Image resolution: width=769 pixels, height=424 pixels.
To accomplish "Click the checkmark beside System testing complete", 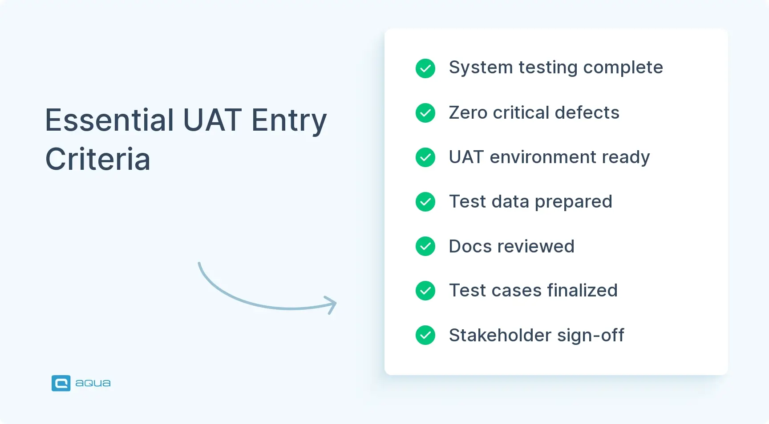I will click(x=425, y=68).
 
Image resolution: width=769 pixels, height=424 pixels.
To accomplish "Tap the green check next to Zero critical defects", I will click(x=425, y=113).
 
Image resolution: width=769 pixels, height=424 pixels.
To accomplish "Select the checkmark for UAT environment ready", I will click(x=425, y=157).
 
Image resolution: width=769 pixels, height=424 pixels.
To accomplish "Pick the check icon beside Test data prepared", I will click(x=425, y=202).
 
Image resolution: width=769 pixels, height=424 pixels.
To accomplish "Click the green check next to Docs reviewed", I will click(x=425, y=246).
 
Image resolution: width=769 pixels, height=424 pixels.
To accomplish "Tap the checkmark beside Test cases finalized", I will click(x=425, y=291).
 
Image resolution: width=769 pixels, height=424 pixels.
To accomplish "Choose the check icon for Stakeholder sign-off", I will click(x=425, y=335).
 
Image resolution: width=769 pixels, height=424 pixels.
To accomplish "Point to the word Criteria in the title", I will click(x=98, y=159).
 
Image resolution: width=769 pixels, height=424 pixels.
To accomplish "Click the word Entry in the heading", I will click(x=289, y=121).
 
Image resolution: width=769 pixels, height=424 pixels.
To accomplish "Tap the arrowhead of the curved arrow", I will click(x=333, y=304).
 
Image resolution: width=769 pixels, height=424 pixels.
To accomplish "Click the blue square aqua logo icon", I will click(x=61, y=383).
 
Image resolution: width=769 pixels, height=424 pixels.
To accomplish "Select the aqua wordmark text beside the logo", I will click(x=93, y=383).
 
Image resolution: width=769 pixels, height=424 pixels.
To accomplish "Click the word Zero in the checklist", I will click(x=468, y=113).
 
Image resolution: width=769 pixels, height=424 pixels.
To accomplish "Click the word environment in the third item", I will click(x=542, y=157).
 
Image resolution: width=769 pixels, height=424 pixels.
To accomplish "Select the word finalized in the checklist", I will click(x=582, y=291).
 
